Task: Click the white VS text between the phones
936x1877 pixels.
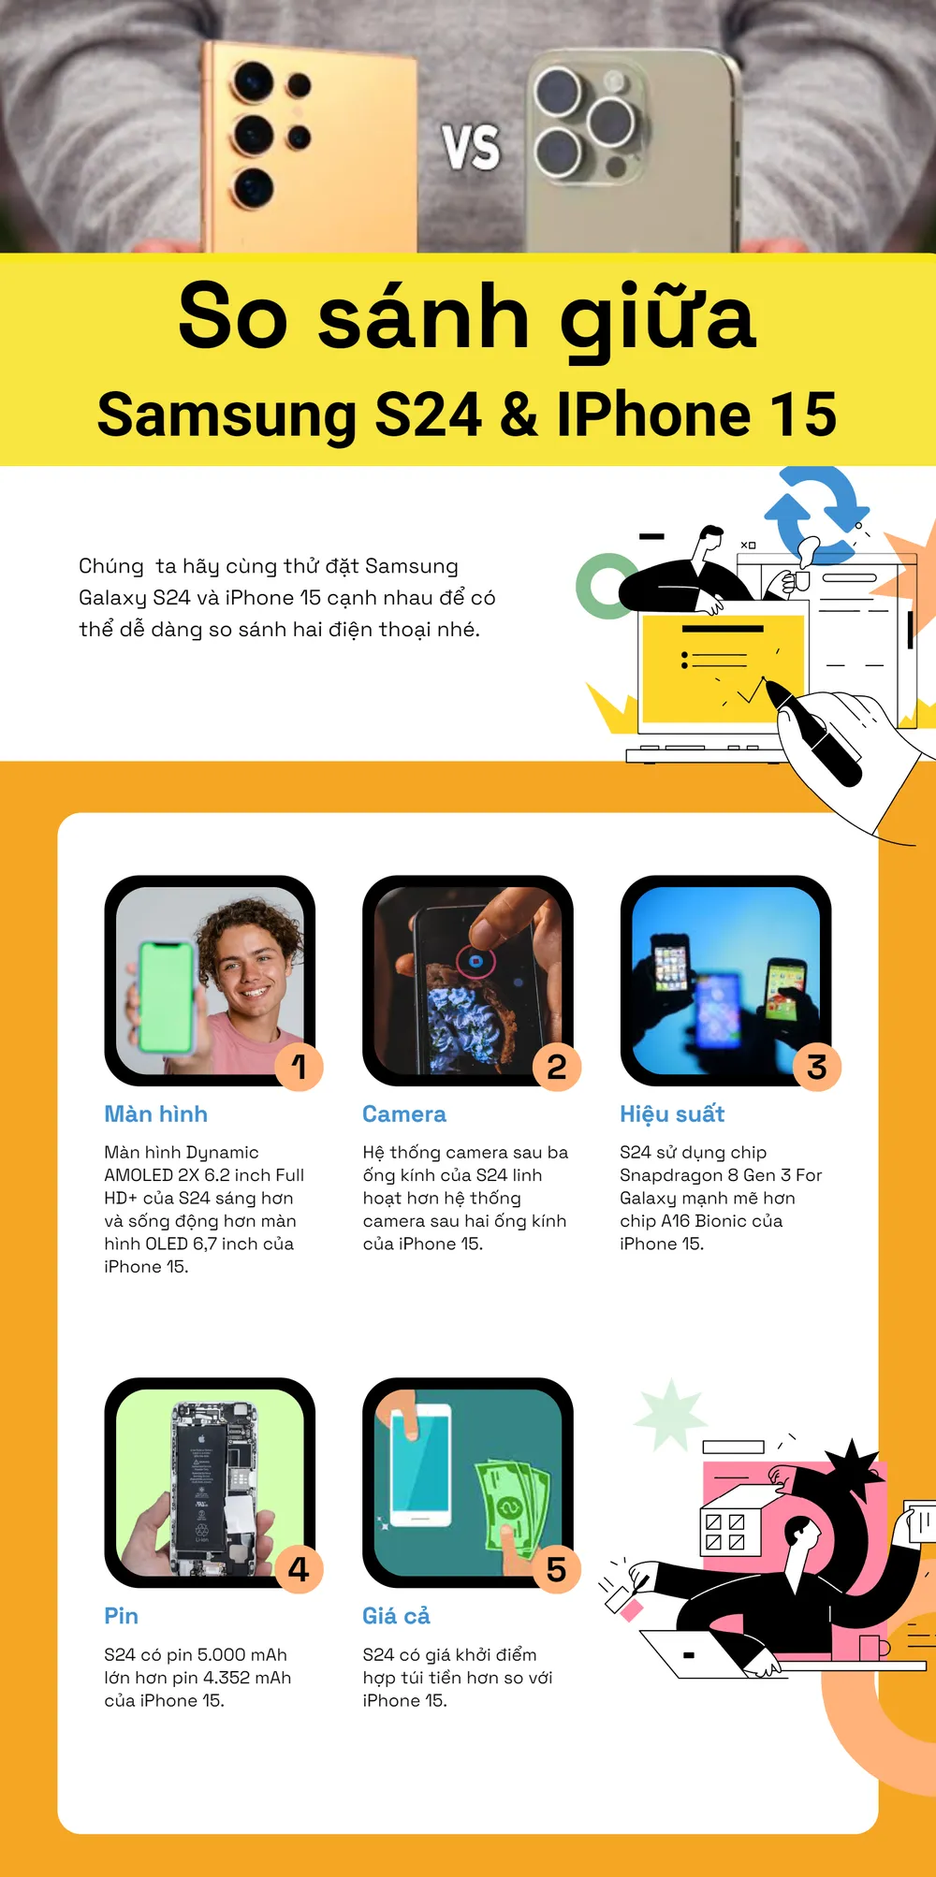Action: (471, 148)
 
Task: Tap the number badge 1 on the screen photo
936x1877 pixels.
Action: (299, 1067)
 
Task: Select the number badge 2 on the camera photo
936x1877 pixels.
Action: (557, 1067)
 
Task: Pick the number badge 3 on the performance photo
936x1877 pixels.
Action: (816, 1067)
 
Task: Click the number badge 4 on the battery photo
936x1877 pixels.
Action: (299, 1569)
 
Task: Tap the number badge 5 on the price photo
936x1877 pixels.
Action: (557, 1569)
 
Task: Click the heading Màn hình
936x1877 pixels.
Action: (156, 1113)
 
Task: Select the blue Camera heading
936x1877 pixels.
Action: (404, 1114)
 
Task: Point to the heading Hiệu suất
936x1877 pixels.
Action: (672, 1113)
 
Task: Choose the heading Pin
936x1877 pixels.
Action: (122, 1616)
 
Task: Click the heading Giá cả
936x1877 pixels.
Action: (397, 1616)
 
